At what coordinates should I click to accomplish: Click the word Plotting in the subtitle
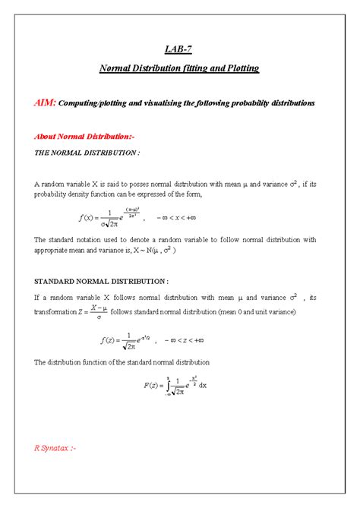[242, 68]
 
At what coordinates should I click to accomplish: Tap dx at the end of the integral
[203, 386]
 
